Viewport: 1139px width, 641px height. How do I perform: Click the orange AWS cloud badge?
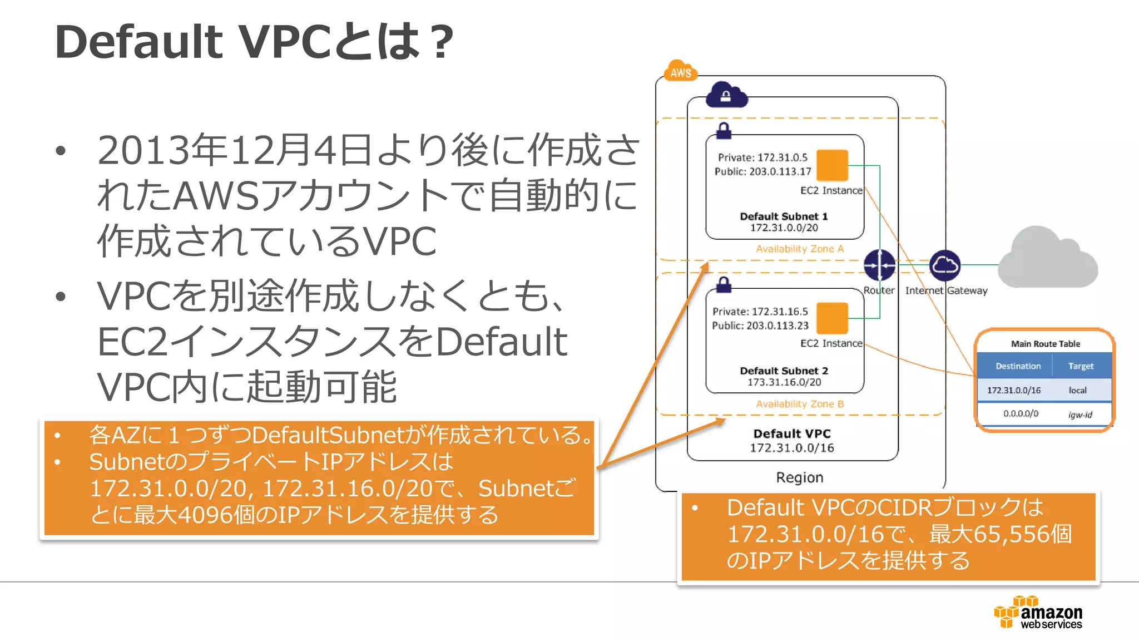680,71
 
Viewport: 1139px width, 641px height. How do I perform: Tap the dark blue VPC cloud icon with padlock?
726,95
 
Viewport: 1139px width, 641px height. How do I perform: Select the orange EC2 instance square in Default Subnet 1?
832,165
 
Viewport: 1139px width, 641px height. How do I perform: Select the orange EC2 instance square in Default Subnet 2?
832,318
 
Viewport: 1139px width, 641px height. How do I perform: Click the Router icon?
879,265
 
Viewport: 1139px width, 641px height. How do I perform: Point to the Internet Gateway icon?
945,265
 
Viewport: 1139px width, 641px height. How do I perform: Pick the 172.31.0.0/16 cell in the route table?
1013,390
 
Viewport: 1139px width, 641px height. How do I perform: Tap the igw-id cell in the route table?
1080,415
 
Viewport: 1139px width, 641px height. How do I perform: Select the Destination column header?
1018,366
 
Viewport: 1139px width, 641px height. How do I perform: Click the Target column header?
1081,366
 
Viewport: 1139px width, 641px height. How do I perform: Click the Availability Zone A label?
800,249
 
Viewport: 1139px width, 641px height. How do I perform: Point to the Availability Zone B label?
800,404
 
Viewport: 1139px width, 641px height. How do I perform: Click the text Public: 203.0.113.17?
762,171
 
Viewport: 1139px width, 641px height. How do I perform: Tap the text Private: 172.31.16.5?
760,312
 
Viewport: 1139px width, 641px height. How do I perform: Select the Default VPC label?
792,433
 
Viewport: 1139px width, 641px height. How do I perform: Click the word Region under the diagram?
800,477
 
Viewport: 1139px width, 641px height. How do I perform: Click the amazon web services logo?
1038,613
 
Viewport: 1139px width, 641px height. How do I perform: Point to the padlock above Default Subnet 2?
724,284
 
